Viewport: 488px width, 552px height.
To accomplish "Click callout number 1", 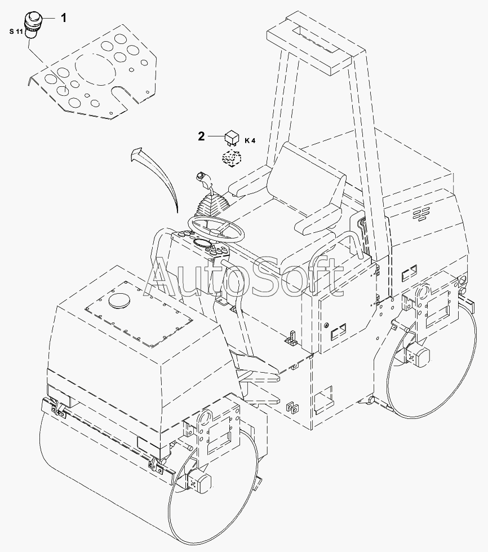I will [x=63, y=19].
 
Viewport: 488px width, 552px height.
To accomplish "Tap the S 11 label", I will [x=16, y=32].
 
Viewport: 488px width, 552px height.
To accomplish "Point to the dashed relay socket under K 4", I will [x=230, y=159].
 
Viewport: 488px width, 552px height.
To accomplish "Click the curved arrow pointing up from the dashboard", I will [x=156, y=175].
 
